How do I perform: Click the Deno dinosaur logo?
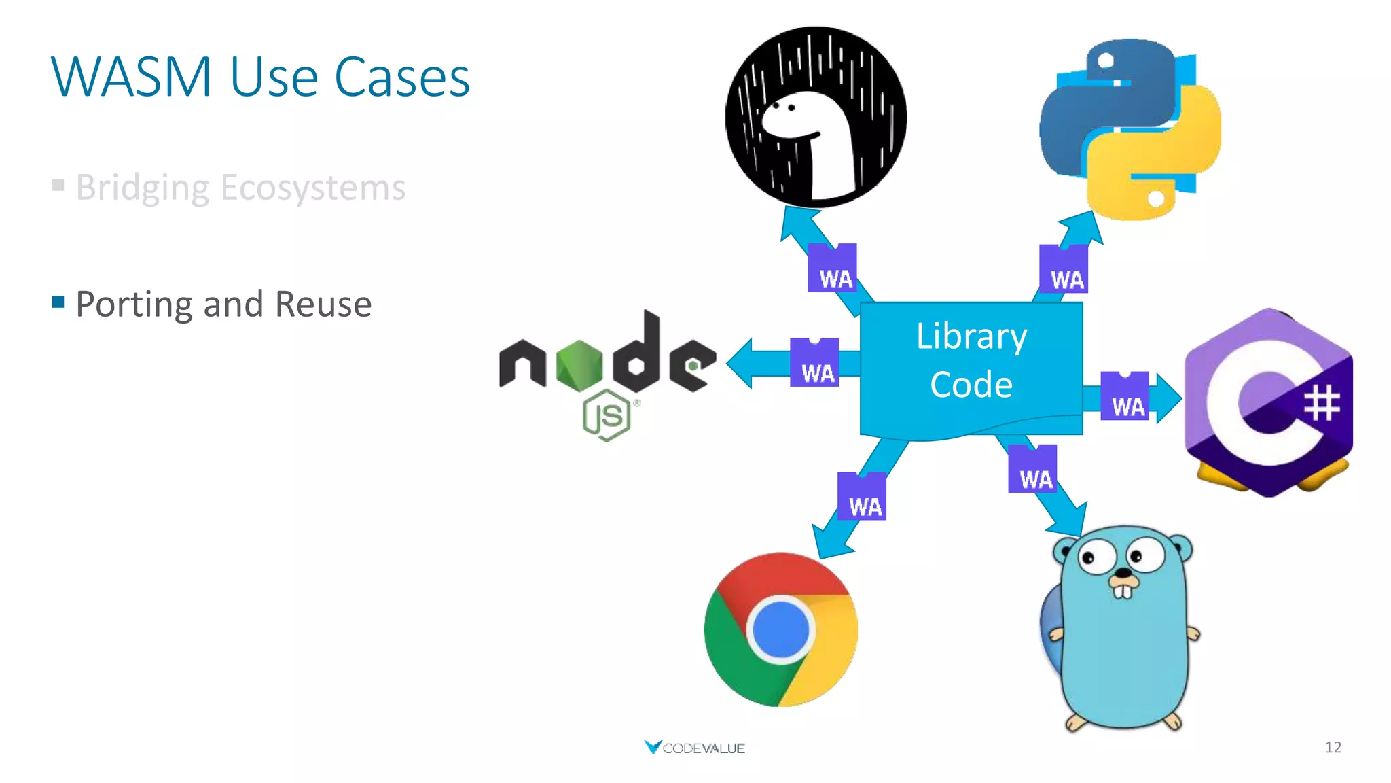tap(816, 117)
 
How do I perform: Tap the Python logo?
tap(1130, 129)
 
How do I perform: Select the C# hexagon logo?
tap(1268, 402)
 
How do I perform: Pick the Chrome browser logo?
tap(780, 629)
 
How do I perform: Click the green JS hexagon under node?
tap(607, 415)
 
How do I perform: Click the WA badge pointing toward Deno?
tap(833, 268)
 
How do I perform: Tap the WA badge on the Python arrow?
tap(1064, 270)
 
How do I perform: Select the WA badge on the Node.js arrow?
tap(814, 363)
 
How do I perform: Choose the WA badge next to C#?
tap(1125, 396)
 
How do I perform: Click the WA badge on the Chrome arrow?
tap(862, 497)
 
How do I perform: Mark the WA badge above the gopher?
tap(1032, 469)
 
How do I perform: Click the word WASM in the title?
tap(132, 77)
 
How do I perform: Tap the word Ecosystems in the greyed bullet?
tap(312, 188)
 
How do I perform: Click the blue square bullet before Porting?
tap(58, 301)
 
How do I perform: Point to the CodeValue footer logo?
tap(694, 748)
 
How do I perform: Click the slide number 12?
tap(1333, 748)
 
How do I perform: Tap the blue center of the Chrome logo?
tap(780, 629)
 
